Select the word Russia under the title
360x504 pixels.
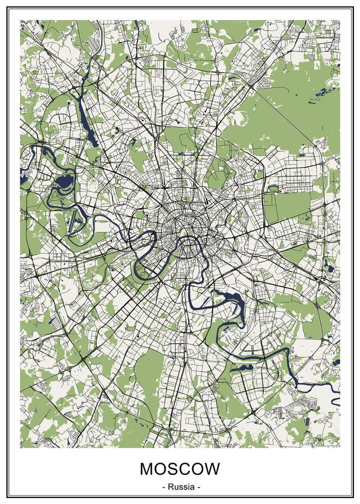tap(180, 487)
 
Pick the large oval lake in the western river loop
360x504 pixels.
tap(65, 181)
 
